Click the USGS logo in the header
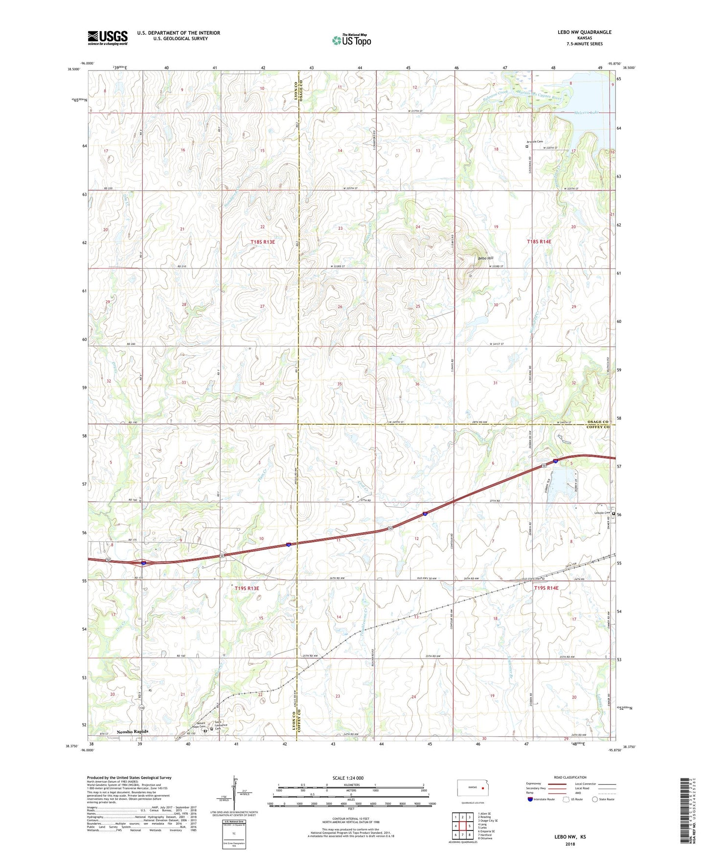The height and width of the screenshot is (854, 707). [108, 38]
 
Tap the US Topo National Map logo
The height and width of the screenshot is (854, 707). [351, 40]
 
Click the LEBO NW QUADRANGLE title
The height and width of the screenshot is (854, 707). [584, 32]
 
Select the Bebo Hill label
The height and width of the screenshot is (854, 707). [485, 258]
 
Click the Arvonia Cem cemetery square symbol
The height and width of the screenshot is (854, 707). [527, 146]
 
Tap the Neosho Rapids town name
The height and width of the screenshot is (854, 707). [132, 732]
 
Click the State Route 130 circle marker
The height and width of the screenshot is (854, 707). [141, 708]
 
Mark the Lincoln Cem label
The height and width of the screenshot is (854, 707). [601, 513]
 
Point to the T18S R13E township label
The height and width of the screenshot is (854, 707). [263, 242]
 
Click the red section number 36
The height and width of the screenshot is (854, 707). [417, 384]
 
